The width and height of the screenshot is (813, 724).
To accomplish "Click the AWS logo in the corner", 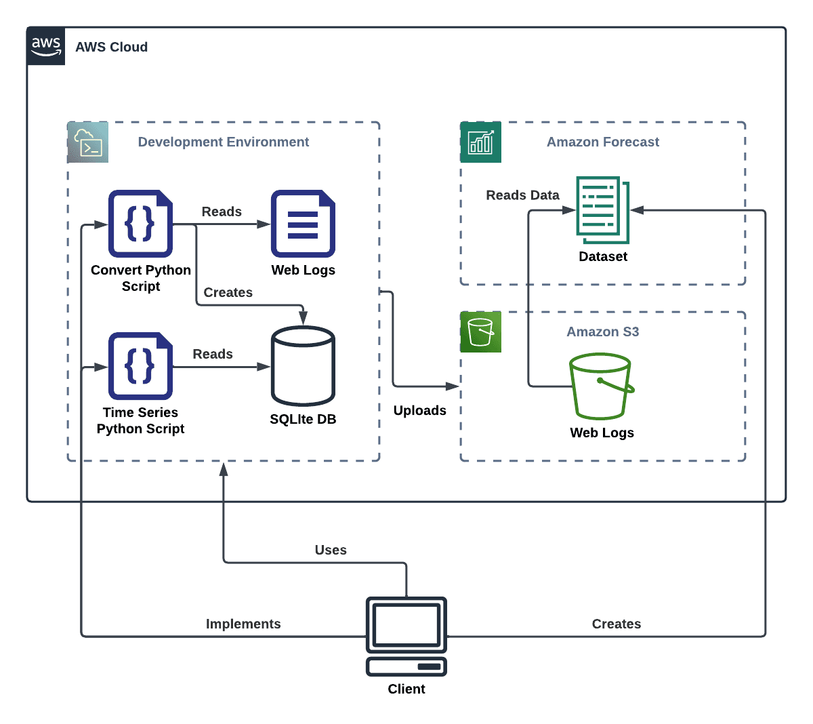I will pyautogui.click(x=46, y=46).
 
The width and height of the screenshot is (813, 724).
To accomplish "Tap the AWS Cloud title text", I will pyautogui.click(x=111, y=47).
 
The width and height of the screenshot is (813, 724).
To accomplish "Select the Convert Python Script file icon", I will pyautogui.click(x=140, y=223).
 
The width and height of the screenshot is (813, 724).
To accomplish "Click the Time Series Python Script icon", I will pyautogui.click(x=140, y=365).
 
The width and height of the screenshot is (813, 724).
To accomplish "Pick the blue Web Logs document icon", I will pyautogui.click(x=303, y=223).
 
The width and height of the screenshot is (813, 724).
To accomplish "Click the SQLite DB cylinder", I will pyautogui.click(x=303, y=365).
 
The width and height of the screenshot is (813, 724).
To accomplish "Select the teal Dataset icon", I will pyautogui.click(x=602, y=209).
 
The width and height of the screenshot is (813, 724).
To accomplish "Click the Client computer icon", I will pyautogui.click(x=406, y=636).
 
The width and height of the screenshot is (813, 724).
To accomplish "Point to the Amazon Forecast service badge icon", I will pyautogui.click(x=480, y=142).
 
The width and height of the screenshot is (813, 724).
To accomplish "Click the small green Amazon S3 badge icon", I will pyautogui.click(x=480, y=331).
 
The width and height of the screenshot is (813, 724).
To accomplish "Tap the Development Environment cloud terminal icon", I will pyautogui.click(x=88, y=142).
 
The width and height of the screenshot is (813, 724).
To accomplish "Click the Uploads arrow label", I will pyautogui.click(x=419, y=410).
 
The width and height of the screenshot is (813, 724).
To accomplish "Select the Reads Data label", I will pyautogui.click(x=522, y=195).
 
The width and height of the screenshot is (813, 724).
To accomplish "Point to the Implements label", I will pyautogui.click(x=243, y=624).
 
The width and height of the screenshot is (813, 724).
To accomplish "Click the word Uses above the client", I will pyautogui.click(x=331, y=550).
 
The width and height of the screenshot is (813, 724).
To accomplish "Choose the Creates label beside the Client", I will pyautogui.click(x=616, y=624).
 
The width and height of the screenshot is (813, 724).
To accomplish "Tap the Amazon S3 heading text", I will pyautogui.click(x=602, y=331).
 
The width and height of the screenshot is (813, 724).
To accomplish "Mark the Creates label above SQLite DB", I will pyautogui.click(x=228, y=292).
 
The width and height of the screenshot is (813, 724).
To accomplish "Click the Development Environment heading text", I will pyautogui.click(x=223, y=142).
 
